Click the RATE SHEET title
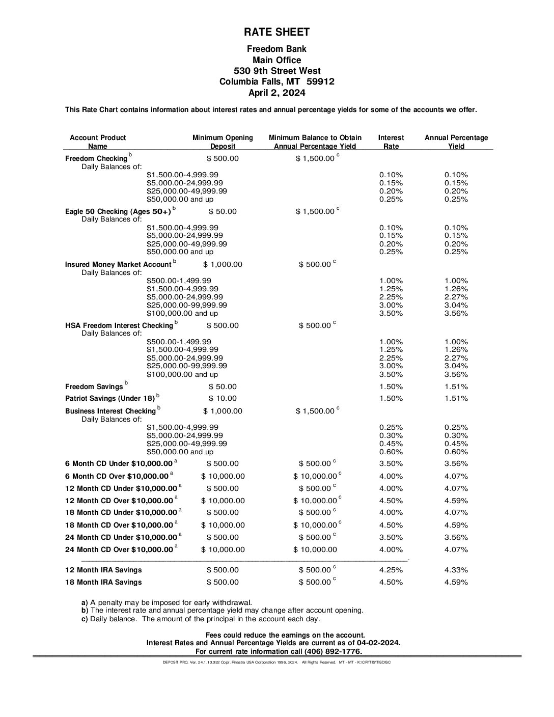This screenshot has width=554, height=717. point(276,32)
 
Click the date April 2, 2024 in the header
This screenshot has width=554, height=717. point(276,93)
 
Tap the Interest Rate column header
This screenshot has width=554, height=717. point(391,142)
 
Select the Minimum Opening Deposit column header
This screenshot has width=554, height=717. point(222,142)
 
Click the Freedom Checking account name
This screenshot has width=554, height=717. point(96,158)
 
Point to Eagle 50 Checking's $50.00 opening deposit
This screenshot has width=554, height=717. point(223,211)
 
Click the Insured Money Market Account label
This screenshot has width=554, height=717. point(118,264)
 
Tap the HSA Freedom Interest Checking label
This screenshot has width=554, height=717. point(119,325)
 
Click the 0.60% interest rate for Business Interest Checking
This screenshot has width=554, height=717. point(391,452)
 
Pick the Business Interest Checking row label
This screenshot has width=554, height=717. point(110,411)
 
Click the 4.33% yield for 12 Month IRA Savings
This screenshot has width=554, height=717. point(456,570)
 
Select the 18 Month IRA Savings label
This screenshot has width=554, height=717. point(103,582)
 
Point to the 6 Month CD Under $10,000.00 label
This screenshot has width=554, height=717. point(119,463)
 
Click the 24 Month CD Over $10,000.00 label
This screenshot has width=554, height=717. point(119,549)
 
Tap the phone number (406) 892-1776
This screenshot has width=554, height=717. point(333,651)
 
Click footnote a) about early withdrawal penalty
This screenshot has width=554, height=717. point(167,602)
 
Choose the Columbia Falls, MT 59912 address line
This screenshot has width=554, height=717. point(276,81)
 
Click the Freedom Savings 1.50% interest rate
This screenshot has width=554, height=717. point(391,387)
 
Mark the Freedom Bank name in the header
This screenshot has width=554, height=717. point(276,49)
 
